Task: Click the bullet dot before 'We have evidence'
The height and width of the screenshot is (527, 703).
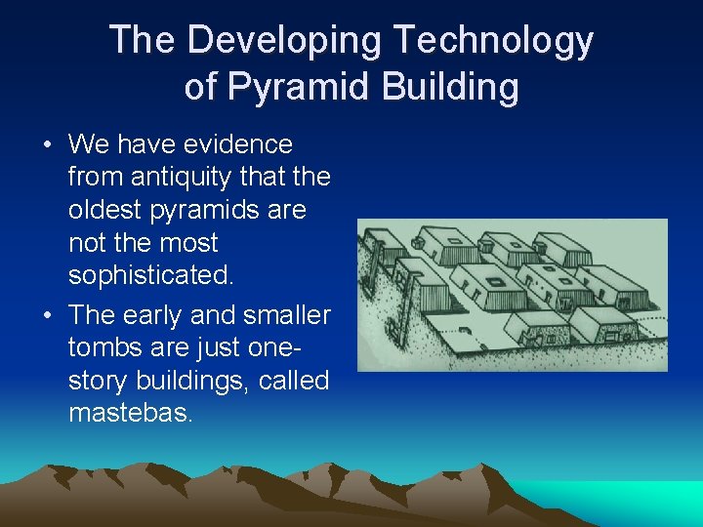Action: (47, 145)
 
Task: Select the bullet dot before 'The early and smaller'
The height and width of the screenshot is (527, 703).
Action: (47, 316)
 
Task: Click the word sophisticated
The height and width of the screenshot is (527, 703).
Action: (150, 276)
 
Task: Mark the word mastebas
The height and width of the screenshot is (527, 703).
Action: (131, 414)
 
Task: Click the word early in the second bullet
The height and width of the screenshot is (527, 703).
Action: (166, 316)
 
